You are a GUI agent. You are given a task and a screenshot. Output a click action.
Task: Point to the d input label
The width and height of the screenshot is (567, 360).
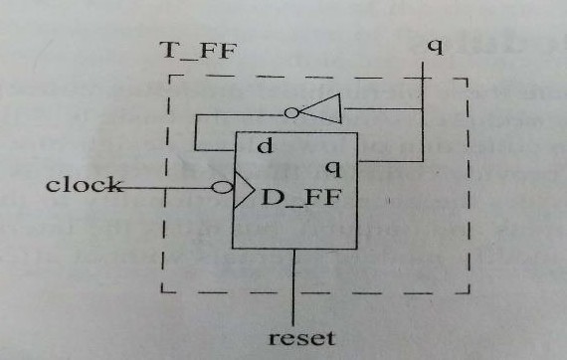click(263, 148)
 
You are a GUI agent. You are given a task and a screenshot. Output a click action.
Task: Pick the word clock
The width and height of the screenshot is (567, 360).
click(84, 185)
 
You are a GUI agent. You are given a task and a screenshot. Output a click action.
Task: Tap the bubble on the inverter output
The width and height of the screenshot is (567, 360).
click(291, 113)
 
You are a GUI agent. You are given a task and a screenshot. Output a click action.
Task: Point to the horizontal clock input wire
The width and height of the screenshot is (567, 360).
click(169, 185)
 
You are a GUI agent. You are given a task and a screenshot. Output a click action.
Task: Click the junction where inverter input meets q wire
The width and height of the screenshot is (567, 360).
click(424, 109)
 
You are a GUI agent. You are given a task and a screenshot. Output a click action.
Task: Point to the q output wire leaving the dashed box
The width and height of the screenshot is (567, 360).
click(424, 72)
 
